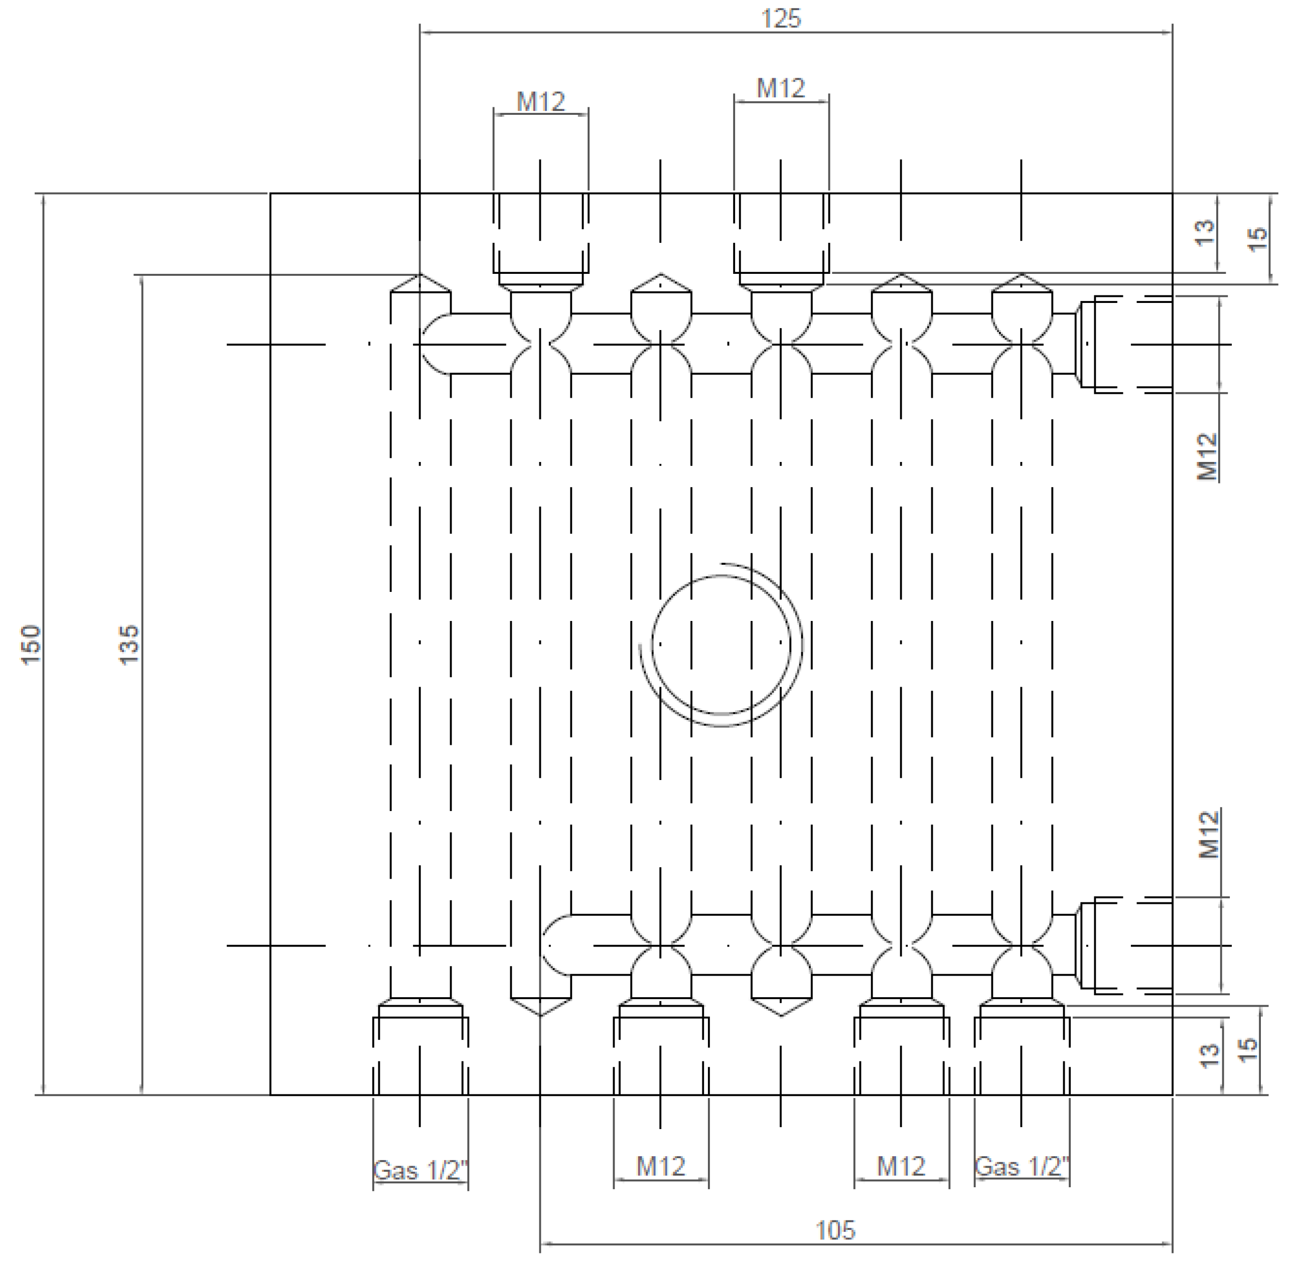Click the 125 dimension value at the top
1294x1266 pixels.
point(781,19)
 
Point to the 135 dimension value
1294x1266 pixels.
point(129,643)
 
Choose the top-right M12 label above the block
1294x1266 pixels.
point(781,88)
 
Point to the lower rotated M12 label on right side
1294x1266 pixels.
point(1208,835)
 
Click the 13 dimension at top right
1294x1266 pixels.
point(1205,232)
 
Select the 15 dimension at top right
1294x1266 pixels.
point(1258,238)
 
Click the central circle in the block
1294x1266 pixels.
point(721,644)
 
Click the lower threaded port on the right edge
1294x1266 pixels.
point(1124,945)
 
